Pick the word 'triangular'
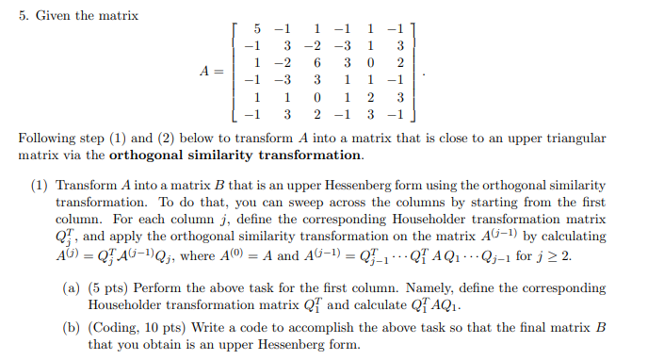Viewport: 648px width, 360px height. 575,139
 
